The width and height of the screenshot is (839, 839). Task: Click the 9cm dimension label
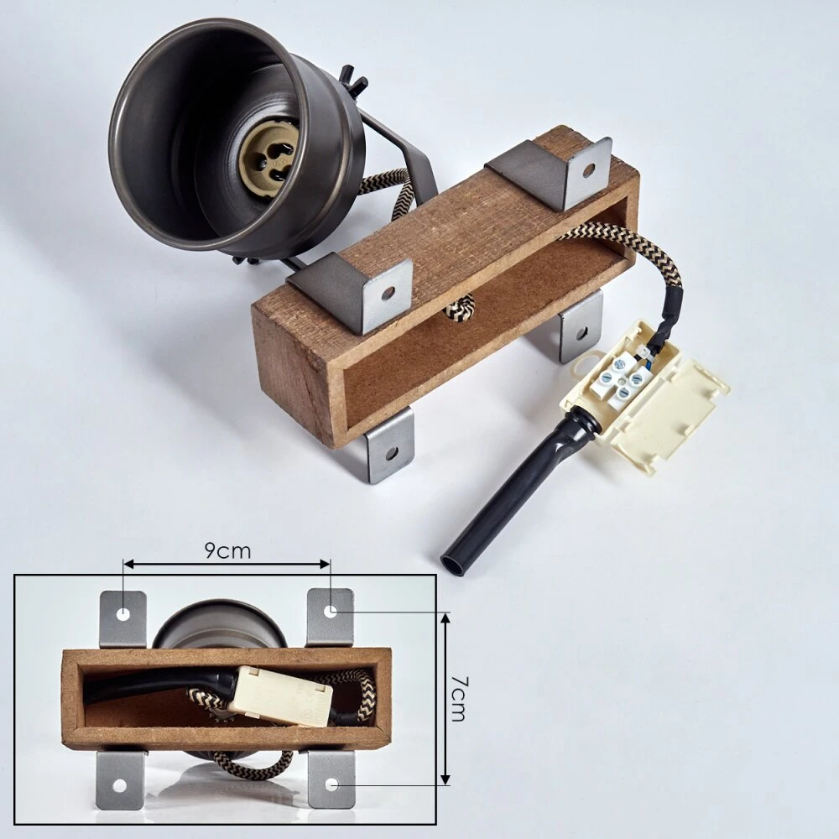[227, 550]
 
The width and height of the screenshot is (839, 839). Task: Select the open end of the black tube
[451, 565]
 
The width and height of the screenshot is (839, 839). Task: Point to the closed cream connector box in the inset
[280, 695]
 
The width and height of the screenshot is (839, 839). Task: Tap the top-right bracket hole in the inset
[330, 610]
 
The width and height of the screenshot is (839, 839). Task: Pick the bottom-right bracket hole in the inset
[331, 785]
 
